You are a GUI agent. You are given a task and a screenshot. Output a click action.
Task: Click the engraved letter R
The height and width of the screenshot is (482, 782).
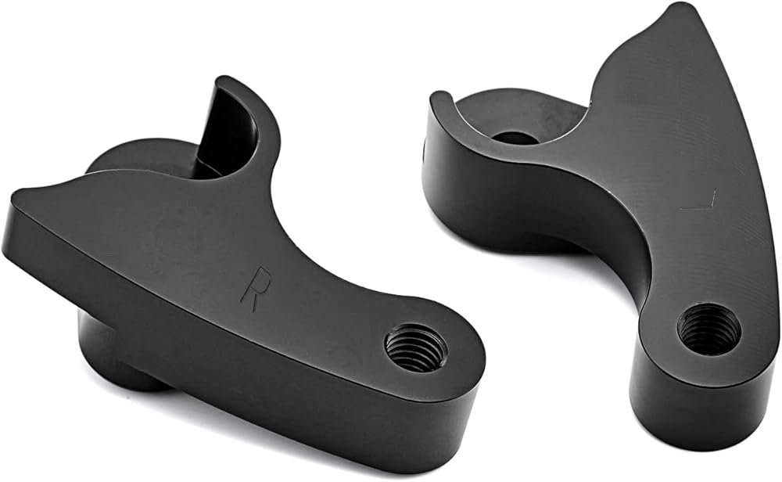point(256,289)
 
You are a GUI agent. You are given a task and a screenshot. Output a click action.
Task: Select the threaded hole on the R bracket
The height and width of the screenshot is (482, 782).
point(417,347)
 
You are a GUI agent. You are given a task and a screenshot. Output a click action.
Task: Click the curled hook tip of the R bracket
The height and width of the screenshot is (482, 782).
point(225,82)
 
